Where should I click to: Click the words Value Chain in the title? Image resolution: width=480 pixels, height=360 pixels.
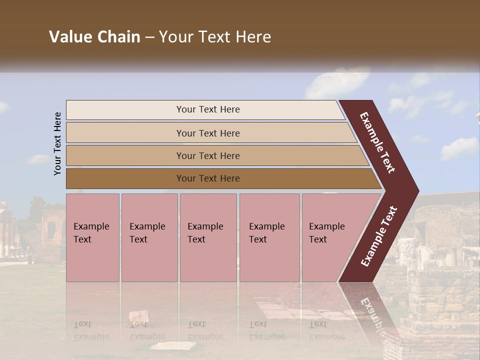pyautogui.click(x=94, y=37)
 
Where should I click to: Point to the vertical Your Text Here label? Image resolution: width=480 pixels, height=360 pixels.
pyautogui.click(x=57, y=143)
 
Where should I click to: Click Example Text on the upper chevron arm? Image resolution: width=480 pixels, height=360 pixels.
pyautogui.click(x=377, y=142)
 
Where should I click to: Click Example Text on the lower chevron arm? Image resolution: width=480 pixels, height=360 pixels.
pyautogui.click(x=379, y=236)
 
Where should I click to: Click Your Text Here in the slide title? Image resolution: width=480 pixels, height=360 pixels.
pyautogui.click(x=215, y=37)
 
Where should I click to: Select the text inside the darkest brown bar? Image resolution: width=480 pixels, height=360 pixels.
pyautogui.click(x=208, y=178)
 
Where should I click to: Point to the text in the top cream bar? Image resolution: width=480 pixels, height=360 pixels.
pyautogui.click(x=208, y=109)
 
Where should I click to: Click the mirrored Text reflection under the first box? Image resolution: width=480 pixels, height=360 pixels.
pyautogui.click(x=83, y=324)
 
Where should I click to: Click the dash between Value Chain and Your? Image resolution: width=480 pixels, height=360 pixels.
pyautogui.click(x=149, y=37)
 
